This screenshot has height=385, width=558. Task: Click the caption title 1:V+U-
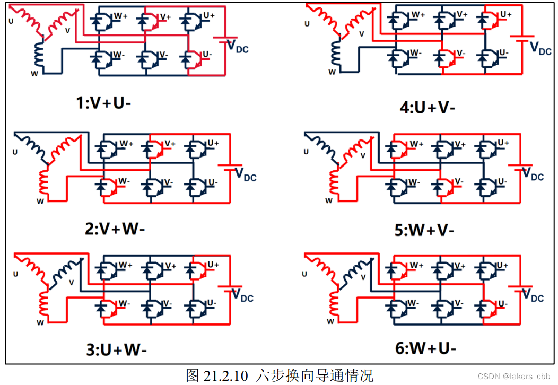(103, 103)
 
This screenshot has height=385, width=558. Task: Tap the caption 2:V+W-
(114, 230)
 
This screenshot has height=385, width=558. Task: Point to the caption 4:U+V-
(428, 108)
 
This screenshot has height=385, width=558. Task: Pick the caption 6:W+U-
(426, 348)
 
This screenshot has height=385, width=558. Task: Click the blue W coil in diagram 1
(40, 54)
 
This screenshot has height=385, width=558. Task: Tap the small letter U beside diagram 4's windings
(306, 24)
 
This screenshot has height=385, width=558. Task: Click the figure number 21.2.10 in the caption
(225, 376)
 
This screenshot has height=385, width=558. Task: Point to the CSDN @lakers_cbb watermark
(513, 377)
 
